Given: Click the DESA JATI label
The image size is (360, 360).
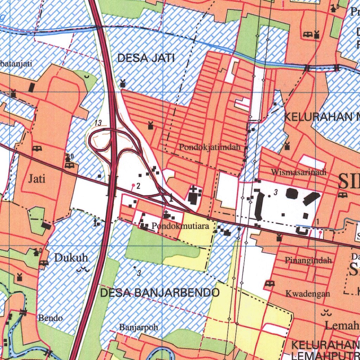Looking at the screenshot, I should pyautogui.click(x=146, y=58).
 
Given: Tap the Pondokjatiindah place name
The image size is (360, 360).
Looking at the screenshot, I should pyautogui.click(x=210, y=147).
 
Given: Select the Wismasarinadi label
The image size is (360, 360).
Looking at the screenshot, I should pyautogui.click(x=298, y=172).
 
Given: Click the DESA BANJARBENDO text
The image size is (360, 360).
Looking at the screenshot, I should pyautogui.click(x=160, y=292).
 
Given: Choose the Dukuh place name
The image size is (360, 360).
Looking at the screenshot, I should pyautogui.click(x=71, y=258).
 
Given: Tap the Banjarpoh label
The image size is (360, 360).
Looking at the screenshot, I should pyautogui.click(x=138, y=327).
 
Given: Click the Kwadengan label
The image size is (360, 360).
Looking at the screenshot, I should pyautogui.click(x=308, y=294).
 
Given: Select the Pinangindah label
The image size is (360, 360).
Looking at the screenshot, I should pyautogui.click(x=308, y=261).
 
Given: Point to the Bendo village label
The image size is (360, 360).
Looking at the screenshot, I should pyautogui.click(x=51, y=318).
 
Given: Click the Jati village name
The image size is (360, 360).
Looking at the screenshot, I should pyautogui.click(x=37, y=179).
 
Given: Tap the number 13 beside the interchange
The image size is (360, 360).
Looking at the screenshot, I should pyautogui.click(x=98, y=123).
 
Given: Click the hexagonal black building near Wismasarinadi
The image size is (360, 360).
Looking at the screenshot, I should pyautogui.click(x=292, y=193).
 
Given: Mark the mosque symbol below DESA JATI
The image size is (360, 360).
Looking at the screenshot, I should pyautogui.click(x=123, y=84).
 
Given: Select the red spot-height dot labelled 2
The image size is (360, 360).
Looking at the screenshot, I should pyautogui.click(x=133, y=185).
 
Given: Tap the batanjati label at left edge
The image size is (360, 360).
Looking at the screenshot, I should pyautogui.click(x=16, y=64).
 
